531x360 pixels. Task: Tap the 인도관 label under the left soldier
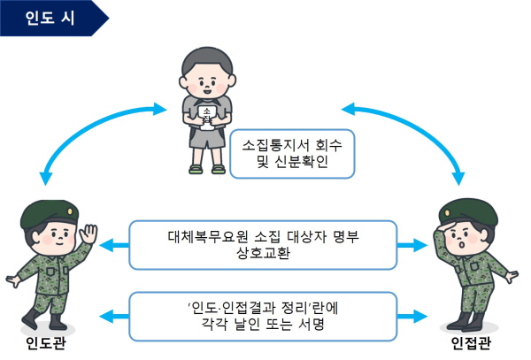pos(46,343)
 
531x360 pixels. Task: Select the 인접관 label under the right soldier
pos(471,343)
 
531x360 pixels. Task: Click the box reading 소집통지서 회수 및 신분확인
pos(292,154)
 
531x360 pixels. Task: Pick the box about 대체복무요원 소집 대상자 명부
pos(263,245)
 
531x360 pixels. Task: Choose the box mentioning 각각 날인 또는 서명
pos(263,317)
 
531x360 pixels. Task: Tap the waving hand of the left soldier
pos(88,234)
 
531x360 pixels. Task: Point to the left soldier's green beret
pos(50,213)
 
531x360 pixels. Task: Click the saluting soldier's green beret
pos(468,212)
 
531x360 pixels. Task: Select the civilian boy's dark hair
pos(207,61)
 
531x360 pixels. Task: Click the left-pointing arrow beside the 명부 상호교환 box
pos(114,245)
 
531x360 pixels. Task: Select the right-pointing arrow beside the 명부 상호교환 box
pos(412,245)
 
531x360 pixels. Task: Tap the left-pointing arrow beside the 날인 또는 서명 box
pos(114,317)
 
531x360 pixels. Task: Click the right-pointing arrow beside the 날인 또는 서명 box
pos(412,317)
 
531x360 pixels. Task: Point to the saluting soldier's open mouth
pos(460,244)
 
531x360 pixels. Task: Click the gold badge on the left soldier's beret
pos(70,211)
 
